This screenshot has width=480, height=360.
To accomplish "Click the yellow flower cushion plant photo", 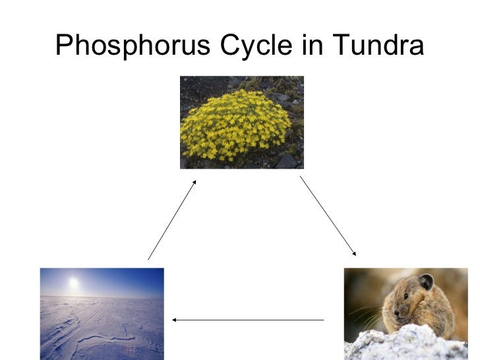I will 241,122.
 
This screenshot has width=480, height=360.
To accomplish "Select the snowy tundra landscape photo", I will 102,313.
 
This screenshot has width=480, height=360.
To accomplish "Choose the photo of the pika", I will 405,313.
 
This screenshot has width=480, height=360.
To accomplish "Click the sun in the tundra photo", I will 73,282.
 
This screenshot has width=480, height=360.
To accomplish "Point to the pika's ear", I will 426,282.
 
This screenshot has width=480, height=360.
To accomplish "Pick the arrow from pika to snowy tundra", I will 248,320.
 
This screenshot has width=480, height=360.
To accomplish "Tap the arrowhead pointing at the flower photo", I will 194,183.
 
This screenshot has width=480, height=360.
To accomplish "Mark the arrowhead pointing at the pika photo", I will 354,253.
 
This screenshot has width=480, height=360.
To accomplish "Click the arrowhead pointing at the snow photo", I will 175,320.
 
